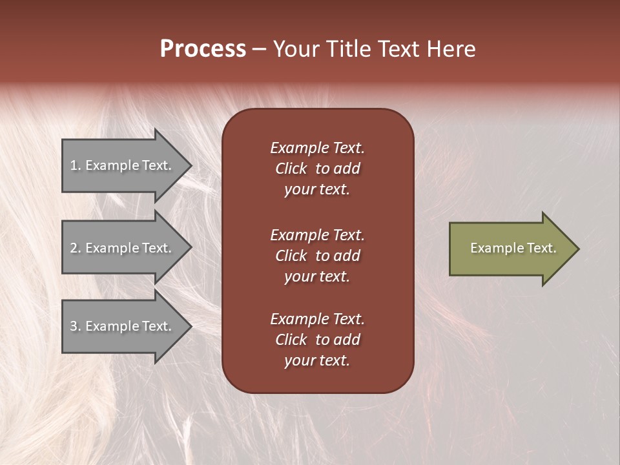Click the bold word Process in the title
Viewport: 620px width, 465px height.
(x=203, y=49)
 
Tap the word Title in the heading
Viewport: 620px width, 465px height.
(x=350, y=49)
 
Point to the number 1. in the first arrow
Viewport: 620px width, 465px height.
(x=76, y=165)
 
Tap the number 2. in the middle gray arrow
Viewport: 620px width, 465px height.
(x=76, y=248)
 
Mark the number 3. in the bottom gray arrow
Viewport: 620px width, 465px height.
(x=76, y=326)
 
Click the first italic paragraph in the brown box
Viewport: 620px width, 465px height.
(x=317, y=169)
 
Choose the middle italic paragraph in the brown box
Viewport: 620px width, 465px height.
(x=317, y=256)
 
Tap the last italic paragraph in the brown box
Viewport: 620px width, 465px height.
(x=317, y=340)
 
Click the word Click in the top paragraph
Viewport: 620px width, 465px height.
(x=291, y=169)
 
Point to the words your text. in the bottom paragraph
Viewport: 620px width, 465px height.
(x=317, y=360)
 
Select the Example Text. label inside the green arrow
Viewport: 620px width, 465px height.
(x=513, y=248)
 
